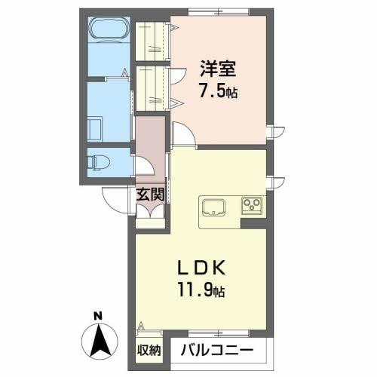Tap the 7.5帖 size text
pos(218,93)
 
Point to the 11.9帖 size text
pos(201,289)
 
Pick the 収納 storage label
pos(149,349)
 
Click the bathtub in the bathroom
pos(110,32)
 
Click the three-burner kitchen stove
pos(251,204)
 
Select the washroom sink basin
pos(96,127)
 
